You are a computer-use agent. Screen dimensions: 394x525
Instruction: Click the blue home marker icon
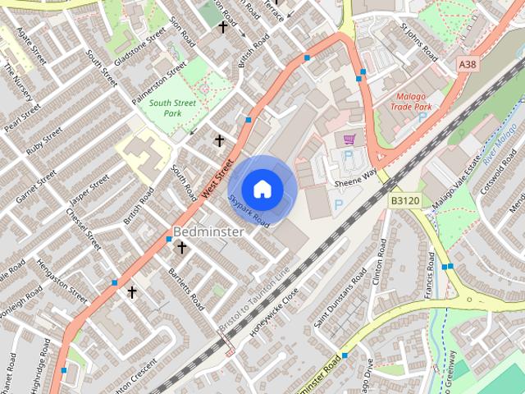(262, 188)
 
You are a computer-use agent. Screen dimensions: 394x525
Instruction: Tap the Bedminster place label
(208, 232)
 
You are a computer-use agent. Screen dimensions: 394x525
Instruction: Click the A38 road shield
(468, 64)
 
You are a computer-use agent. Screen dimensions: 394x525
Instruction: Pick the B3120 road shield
(404, 200)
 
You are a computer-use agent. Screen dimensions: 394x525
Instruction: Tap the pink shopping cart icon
(350, 140)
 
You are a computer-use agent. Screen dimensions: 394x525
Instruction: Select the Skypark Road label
(249, 209)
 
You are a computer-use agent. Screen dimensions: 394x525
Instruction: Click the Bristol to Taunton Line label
(255, 299)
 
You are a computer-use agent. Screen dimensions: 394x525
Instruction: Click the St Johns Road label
(419, 41)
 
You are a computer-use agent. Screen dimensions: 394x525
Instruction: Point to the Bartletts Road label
(186, 287)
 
